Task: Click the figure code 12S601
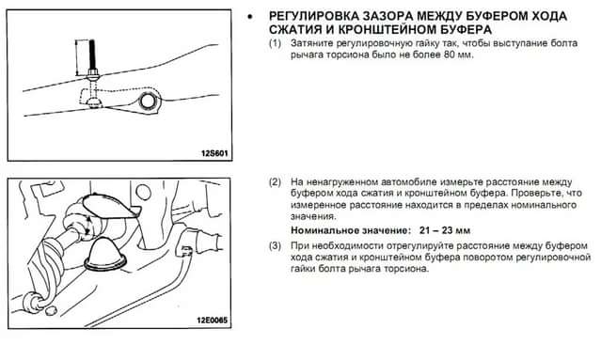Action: tap(214, 153)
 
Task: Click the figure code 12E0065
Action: tap(212, 320)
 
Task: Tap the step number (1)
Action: tap(275, 43)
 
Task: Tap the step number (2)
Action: tap(275, 182)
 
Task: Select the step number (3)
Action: tap(275, 245)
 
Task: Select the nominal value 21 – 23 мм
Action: tap(445, 230)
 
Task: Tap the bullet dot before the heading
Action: tap(250, 17)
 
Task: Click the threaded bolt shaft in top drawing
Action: tap(92, 55)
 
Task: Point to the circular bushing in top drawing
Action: tap(148, 102)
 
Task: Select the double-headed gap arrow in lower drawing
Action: tap(87, 225)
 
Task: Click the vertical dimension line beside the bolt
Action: tap(77, 57)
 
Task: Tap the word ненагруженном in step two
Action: tap(349, 182)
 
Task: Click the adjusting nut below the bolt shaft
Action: tap(93, 71)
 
